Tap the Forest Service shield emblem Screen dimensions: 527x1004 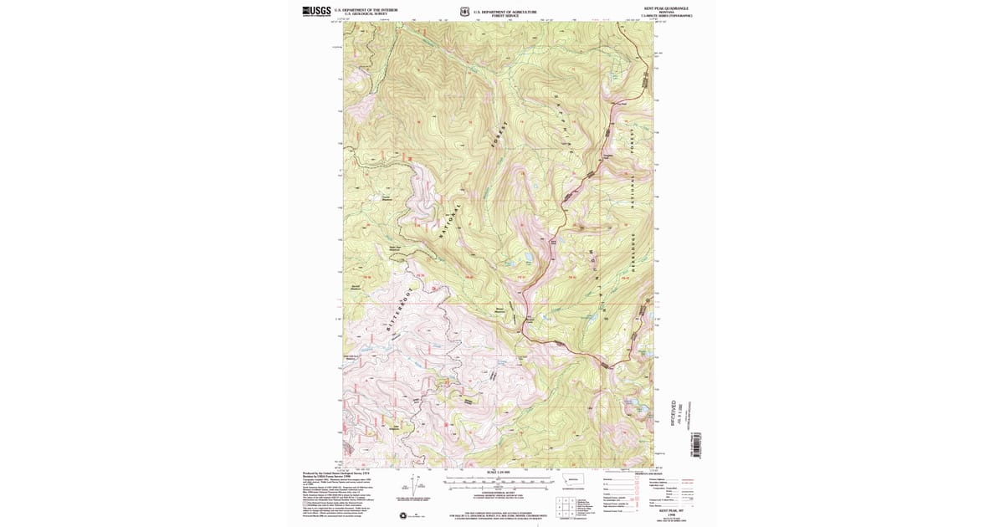point(464,12)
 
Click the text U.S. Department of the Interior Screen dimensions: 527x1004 point(366,9)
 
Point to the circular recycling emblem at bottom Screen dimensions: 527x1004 point(404,514)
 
